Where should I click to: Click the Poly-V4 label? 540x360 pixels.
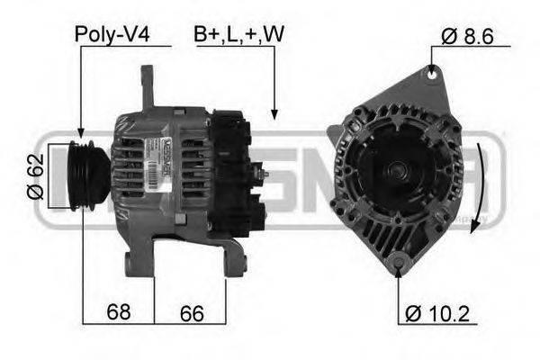[x=111, y=34]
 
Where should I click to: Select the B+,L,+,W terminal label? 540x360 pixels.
[x=238, y=34]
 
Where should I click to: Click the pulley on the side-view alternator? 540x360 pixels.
[x=88, y=175]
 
